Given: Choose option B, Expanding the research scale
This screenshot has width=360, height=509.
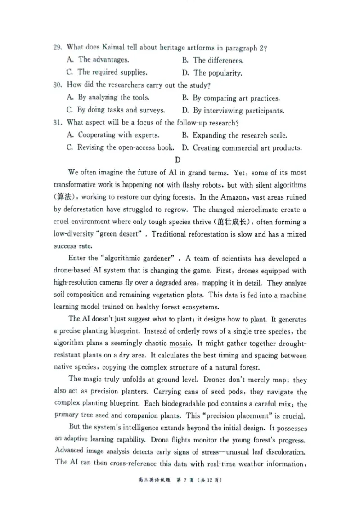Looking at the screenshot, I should pos(234,135).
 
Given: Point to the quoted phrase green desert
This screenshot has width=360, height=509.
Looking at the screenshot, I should pos(120,234).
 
